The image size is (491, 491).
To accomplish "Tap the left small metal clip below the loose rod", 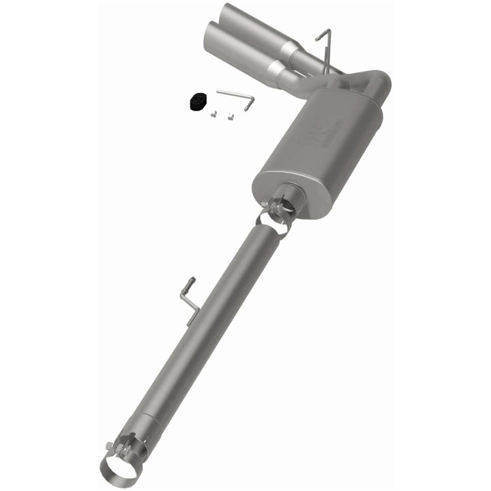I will (213, 114).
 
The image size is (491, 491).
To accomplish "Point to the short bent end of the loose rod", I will (250, 103).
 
